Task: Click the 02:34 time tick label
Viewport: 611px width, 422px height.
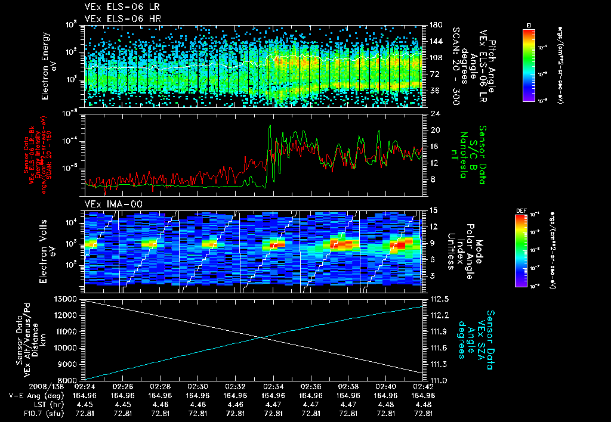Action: tap(273, 386)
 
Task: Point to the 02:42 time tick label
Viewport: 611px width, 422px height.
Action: tap(423, 386)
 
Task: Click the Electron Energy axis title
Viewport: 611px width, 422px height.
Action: tap(46, 66)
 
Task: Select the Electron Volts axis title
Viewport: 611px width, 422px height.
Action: tap(46, 250)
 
